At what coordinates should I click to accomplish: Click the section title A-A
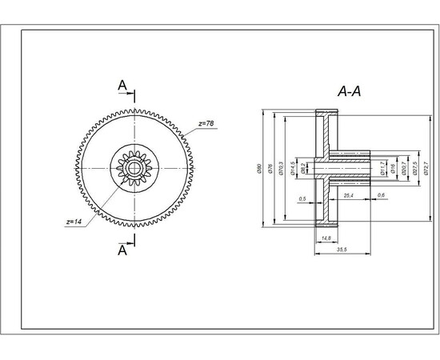pyautogui.click(x=349, y=92)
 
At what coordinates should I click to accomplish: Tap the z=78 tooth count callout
pyautogui.click(x=206, y=124)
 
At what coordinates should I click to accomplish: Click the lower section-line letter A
pyautogui.click(x=122, y=250)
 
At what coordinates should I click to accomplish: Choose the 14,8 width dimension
pyautogui.click(x=326, y=238)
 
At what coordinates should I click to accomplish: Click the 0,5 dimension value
pyautogui.click(x=302, y=198)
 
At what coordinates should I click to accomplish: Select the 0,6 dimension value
pyautogui.click(x=381, y=195)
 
